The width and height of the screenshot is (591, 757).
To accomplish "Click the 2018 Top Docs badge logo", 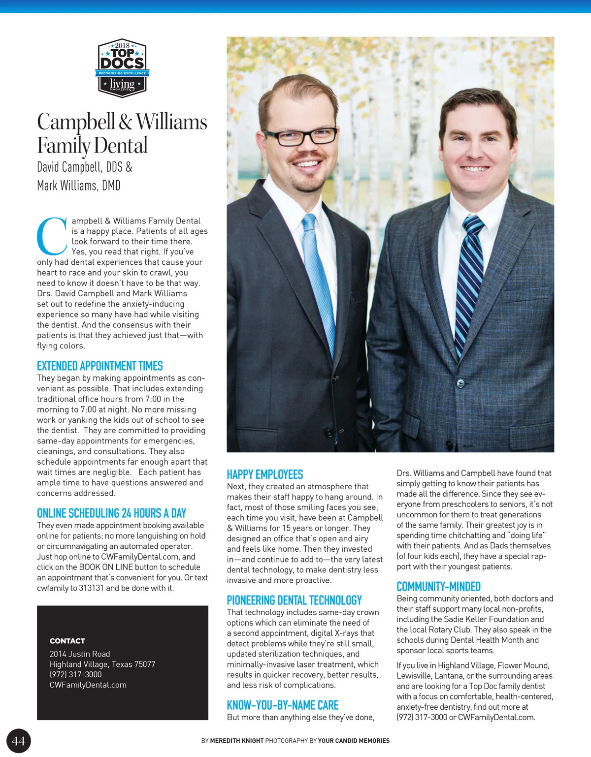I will click(122, 68).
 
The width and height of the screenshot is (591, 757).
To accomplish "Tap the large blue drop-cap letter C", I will click(52, 236).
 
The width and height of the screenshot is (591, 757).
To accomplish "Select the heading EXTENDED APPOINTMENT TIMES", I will click(99, 366).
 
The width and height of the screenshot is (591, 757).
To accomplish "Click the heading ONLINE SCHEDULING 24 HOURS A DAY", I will click(111, 513).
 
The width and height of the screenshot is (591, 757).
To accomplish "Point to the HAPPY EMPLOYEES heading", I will click(264, 474).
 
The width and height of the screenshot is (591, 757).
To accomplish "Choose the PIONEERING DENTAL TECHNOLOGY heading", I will click(294, 600).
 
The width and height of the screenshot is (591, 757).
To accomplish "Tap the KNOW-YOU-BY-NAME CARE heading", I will click(282, 705).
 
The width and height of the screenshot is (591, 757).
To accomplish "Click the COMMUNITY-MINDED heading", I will click(438, 587).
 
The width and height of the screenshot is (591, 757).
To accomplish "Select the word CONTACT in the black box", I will click(67, 641).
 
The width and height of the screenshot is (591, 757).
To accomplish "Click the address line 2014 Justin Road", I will click(80, 654).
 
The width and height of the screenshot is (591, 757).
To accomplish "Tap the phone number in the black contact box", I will click(75, 674).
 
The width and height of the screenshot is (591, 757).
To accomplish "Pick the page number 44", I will click(18, 741).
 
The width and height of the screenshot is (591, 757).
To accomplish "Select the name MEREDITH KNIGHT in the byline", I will click(236, 741).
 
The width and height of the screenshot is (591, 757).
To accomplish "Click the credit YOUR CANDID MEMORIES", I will click(354, 741).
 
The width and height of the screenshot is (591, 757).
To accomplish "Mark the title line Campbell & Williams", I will click(122, 122).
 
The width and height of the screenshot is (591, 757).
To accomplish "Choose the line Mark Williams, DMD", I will click(79, 186).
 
